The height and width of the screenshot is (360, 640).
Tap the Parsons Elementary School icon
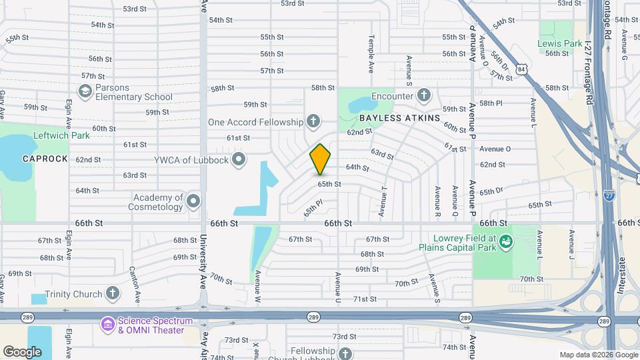tap(85, 92)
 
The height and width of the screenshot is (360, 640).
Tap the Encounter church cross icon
tap(423, 96)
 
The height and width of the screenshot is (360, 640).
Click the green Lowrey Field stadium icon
tap(506, 241)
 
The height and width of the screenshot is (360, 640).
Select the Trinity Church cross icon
tap(113, 293)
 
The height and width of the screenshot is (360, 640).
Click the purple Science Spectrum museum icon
tap(107, 325)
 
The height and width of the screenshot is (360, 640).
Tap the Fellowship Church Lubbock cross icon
tap(345, 354)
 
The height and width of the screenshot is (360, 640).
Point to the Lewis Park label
tap(560, 44)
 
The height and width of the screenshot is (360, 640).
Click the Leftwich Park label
tap(61, 135)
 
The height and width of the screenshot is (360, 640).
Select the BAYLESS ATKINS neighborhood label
tap(400, 118)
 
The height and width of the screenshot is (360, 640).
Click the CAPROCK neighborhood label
tap(45, 159)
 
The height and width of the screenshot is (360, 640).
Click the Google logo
tap(23, 351)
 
